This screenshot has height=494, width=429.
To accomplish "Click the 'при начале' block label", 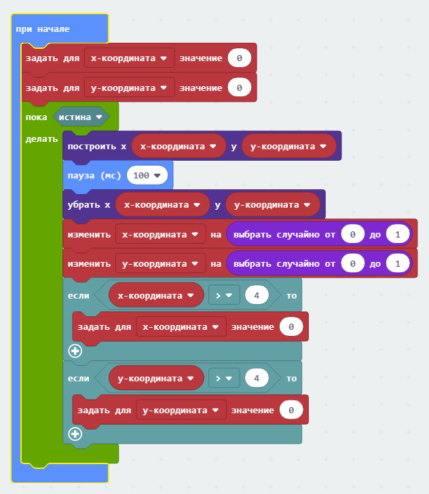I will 42,30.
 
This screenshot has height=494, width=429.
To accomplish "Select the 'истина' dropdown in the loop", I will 81,117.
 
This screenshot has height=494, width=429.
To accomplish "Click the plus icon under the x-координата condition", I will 75,351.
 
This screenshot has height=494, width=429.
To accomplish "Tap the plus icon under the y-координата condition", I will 75,434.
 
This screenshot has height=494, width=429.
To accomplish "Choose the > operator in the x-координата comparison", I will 224,296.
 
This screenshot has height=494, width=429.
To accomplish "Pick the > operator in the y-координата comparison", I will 224,378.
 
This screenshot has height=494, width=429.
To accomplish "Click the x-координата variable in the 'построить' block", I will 178,146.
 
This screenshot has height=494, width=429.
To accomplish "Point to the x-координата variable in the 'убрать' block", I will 162,204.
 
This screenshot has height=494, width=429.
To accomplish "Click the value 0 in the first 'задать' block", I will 240,58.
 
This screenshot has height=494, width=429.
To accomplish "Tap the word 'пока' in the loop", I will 36,117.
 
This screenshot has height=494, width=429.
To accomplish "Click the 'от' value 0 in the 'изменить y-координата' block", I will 352,263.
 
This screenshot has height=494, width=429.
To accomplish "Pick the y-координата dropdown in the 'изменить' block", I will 160,263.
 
